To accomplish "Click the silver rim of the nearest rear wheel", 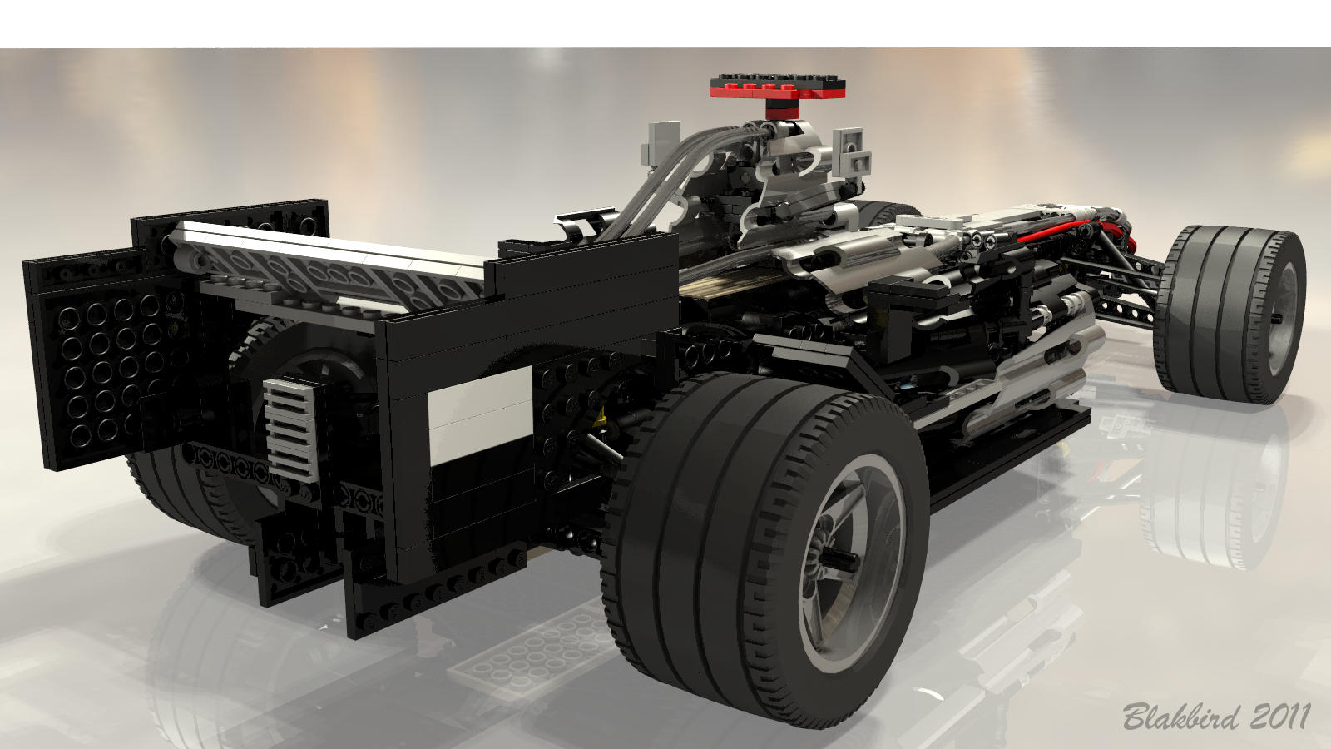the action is pos(852,565).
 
